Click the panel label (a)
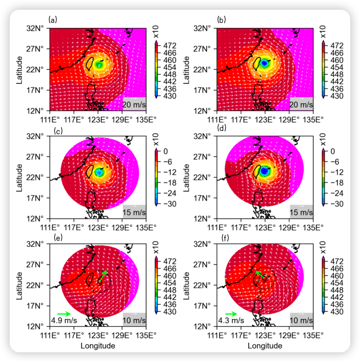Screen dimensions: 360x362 pyautogui.click(x=53, y=20)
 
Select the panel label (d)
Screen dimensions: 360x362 pyautogui.click(x=222, y=128)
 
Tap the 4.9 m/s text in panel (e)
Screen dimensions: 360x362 pyautogui.click(x=64, y=320)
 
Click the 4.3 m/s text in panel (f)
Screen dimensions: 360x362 pyautogui.click(x=231, y=320)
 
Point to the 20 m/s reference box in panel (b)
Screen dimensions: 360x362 pyautogui.click(x=301, y=103)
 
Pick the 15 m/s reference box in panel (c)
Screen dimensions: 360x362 pyautogui.click(x=134, y=211)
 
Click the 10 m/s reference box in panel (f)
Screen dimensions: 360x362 pyautogui.click(x=301, y=319)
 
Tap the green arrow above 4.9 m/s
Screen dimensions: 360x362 pyautogui.click(x=64, y=314)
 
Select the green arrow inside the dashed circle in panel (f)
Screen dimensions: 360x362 pyautogui.click(x=260, y=275)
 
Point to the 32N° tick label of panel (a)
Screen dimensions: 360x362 pyautogui.click(x=35, y=28)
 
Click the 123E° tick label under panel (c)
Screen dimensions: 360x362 pyautogui.click(x=98, y=228)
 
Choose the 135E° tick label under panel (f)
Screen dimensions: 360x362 pyautogui.click(x=313, y=335)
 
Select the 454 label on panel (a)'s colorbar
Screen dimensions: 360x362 pyautogui.click(x=170, y=67)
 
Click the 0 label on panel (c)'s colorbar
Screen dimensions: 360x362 pyautogui.click(x=166, y=151)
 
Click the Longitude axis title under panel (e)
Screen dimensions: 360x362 pyautogui.click(x=98, y=346)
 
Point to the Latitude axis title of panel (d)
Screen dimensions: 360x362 pyautogui.click(x=186, y=177)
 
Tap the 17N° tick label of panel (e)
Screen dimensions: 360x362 pyautogui.click(x=35, y=306)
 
